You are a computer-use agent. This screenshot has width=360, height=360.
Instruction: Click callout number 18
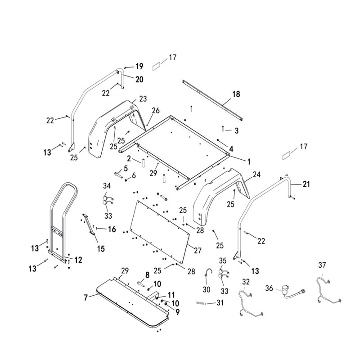point(236,94)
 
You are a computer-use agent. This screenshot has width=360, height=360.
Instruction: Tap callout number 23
point(143,99)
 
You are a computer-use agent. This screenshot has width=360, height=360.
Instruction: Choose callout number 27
point(198,250)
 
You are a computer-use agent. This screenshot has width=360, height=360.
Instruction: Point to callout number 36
point(269,288)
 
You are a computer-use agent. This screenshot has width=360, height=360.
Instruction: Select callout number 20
point(139,79)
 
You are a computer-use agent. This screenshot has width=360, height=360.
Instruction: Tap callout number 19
point(139,67)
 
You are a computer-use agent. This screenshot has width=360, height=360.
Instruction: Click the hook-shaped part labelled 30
point(208,273)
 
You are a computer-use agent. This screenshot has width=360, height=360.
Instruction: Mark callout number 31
point(220,303)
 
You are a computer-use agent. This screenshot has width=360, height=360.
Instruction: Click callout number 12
point(78,260)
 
